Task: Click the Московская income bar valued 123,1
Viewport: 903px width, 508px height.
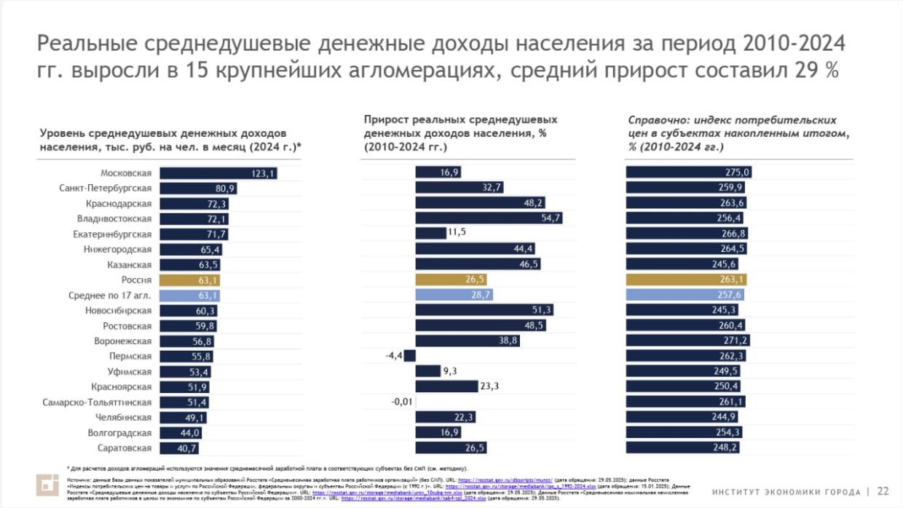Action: tap(218, 173)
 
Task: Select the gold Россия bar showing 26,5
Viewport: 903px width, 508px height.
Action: tap(451, 279)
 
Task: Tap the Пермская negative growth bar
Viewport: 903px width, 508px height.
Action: tap(409, 356)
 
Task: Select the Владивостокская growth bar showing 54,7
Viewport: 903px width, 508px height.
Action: tap(488, 218)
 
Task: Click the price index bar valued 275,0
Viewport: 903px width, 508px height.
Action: tap(687, 172)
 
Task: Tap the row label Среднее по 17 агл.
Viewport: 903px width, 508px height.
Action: tap(111, 295)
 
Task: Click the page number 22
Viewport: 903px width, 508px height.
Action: tap(883, 491)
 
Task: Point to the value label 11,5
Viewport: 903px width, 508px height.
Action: tap(457, 234)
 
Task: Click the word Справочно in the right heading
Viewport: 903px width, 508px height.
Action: tap(655, 120)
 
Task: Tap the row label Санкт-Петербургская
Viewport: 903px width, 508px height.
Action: tap(105, 188)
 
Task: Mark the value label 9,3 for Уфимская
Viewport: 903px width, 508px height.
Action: tap(449, 371)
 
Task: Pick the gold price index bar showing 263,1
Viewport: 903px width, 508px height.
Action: tap(687, 279)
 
